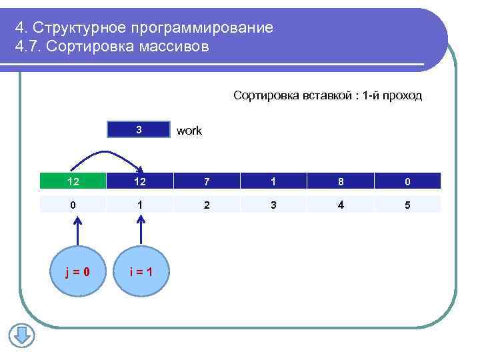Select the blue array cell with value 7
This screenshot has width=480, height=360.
tap(207, 181)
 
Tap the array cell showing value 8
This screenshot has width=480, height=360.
tap(341, 181)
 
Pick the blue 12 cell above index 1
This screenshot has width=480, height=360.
tap(139, 181)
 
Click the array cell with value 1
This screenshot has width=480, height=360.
tap(273, 181)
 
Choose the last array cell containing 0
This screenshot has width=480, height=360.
tap(407, 181)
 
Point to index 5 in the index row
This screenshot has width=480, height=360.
tap(407, 205)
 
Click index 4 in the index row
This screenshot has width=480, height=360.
tap(341, 205)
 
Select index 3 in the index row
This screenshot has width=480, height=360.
tap(273, 205)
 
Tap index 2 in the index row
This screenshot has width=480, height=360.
tap(207, 205)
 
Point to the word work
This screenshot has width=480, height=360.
tap(189, 131)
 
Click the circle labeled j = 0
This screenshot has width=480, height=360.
tap(78, 271)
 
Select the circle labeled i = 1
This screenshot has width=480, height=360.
tap(139, 271)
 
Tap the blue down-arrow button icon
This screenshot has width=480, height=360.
tap(21, 335)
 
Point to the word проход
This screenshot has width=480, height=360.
tap(402, 95)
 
